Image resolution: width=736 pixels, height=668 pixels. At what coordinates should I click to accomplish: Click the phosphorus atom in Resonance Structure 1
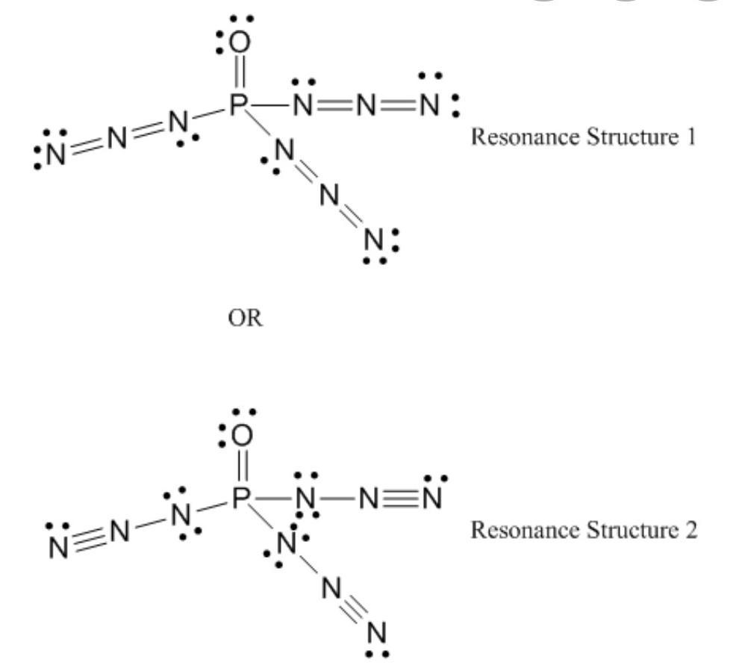pyautogui.click(x=237, y=107)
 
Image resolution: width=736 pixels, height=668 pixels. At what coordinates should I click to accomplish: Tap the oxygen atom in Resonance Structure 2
pyautogui.click(x=243, y=436)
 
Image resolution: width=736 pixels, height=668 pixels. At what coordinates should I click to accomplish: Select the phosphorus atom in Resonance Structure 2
pyautogui.click(x=239, y=499)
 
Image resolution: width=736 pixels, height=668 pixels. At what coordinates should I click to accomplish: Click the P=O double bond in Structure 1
pyautogui.click(x=239, y=75)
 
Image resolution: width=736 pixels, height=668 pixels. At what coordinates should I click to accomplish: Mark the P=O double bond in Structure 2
pyautogui.click(x=241, y=467)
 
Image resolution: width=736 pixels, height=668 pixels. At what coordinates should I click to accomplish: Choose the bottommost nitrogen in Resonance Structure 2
pyautogui.click(x=379, y=634)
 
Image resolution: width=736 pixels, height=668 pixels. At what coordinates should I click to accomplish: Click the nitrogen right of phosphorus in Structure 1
pyautogui.click(x=303, y=107)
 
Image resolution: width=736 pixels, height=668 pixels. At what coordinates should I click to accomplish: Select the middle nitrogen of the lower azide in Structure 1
pyautogui.click(x=328, y=196)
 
